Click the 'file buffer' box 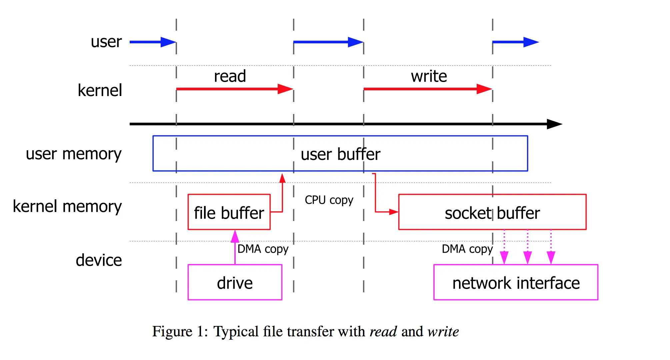(229, 212)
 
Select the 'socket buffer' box (492, 212)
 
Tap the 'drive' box (235, 283)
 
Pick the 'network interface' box (516, 283)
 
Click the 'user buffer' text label (340, 154)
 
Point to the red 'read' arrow (233, 89)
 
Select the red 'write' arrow (427, 89)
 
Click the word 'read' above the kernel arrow (230, 76)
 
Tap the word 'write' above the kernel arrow (429, 76)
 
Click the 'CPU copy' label (329, 200)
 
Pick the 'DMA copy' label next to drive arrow (263, 249)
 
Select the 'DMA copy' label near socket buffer (467, 249)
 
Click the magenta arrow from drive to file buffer (235, 248)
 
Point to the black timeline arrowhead (554, 124)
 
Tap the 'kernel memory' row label (67, 206)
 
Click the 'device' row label (99, 260)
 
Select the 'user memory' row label (74, 154)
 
